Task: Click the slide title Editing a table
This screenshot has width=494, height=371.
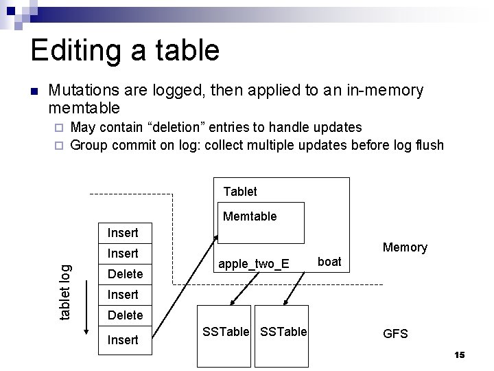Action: (125, 51)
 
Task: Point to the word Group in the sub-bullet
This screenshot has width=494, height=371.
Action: (89, 145)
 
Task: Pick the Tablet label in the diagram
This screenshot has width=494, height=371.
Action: (240, 192)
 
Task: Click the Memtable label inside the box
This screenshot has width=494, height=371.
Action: (250, 216)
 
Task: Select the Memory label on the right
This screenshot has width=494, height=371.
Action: (405, 247)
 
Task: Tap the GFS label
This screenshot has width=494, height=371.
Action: (395, 334)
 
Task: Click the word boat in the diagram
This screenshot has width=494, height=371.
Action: (329, 262)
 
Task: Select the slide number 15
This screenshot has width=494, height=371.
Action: (459, 355)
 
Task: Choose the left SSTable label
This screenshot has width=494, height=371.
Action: (226, 332)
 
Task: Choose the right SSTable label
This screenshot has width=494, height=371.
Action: (284, 332)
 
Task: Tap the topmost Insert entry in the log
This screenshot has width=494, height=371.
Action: (123, 233)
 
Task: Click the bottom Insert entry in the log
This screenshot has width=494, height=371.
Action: (123, 339)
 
